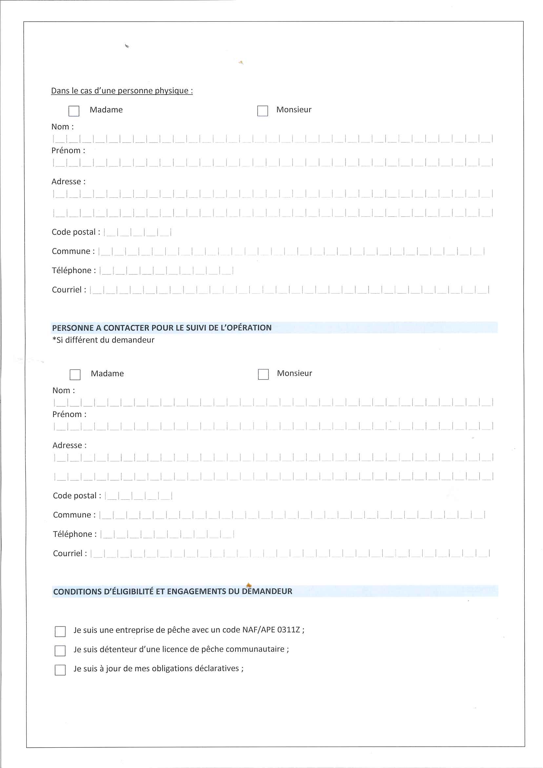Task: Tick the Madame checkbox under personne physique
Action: pyautogui.click(x=74, y=111)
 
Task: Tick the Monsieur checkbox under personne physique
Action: pyautogui.click(x=262, y=111)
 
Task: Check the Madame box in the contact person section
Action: pyautogui.click(x=75, y=374)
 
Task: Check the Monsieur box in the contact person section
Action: pyautogui.click(x=263, y=374)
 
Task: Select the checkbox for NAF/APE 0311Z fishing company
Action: pyautogui.click(x=60, y=631)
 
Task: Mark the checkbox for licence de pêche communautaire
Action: pyautogui.click(x=60, y=650)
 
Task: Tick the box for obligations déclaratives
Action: pyautogui.click(x=60, y=669)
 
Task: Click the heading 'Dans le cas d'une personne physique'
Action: pyautogui.click(x=122, y=91)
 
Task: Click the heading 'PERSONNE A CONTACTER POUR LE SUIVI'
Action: pyautogui.click(x=162, y=328)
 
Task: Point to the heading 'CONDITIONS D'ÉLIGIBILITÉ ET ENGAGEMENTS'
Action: pyautogui.click(x=172, y=592)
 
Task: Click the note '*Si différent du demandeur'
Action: pyautogui.click(x=103, y=340)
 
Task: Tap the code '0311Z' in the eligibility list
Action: pyautogui.click(x=289, y=630)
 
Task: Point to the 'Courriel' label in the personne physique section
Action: pyautogui.click(x=69, y=290)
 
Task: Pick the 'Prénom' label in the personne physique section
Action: pyautogui.click(x=68, y=151)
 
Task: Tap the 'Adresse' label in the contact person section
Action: pyautogui.click(x=69, y=445)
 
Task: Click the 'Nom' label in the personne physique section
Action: pyautogui.click(x=62, y=127)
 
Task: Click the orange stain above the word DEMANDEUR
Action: pyautogui.click(x=249, y=585)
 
